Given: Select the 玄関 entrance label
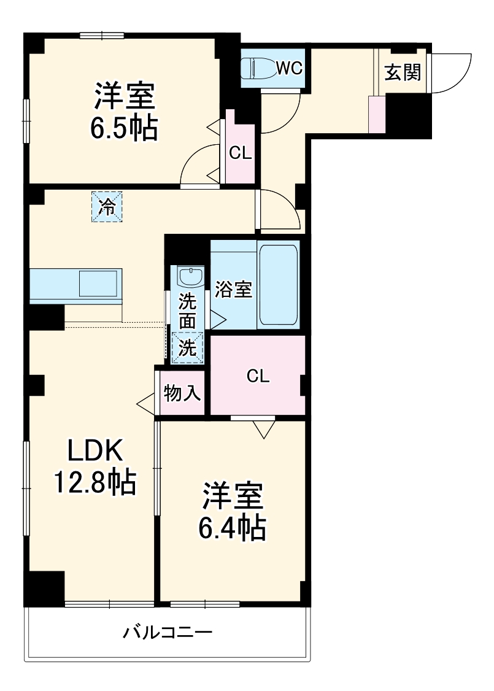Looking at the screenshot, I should pos(403,73).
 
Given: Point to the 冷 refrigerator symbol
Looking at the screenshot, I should pos(107,207).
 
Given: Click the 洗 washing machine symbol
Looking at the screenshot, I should pos(187,349).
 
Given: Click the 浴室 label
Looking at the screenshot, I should pos(234,290).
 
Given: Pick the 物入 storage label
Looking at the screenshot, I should pos(182,393).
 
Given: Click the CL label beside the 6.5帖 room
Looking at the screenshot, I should pos(241,153).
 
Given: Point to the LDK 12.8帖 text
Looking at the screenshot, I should pos(95,468).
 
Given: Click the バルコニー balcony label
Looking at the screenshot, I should pos(168,633).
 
